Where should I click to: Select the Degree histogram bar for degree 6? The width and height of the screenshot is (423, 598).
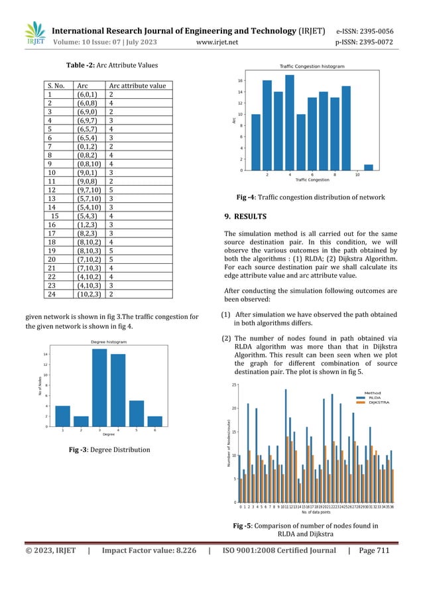click(x=155, y=420)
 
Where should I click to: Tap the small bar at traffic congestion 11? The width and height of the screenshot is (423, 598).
click(x=368, y=167)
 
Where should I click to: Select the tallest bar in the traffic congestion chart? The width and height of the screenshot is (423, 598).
click(x=289, y=123)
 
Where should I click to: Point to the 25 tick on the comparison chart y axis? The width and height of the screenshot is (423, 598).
click(x=233, y=385)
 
